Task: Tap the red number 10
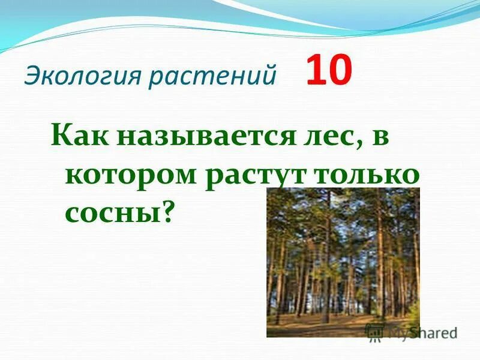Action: click(x=329, y=73)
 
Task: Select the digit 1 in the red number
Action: click(x=315, y=73)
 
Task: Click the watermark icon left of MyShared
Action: click(x=374, y=332)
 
